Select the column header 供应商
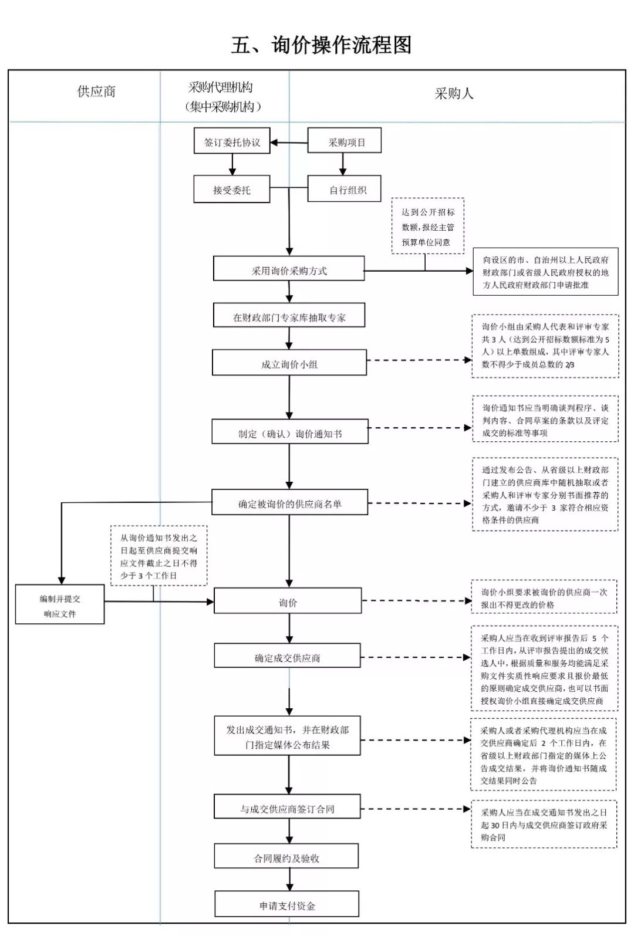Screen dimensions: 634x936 [96, 92]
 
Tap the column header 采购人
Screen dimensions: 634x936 [454, 94]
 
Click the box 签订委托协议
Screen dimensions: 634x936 [232, 141]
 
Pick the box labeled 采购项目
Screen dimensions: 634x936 [345, 140]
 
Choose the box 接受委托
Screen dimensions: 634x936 [231, 189]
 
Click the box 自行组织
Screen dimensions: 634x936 [345, 189]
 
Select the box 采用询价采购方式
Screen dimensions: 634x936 [289, 269]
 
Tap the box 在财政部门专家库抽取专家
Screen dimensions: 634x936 [289, 315]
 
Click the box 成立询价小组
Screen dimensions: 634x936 [289, 363]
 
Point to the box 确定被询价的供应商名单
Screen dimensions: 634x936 [289, 502]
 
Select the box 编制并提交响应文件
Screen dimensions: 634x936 [60, 604]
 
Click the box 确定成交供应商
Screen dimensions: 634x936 [287, 655]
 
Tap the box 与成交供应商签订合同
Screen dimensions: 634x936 [287, 806]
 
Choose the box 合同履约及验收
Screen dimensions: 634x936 [286, 856]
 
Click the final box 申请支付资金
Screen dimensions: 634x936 [286, 904]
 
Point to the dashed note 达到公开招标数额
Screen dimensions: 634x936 [427, 226]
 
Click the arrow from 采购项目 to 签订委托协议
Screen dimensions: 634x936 [289, 143]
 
